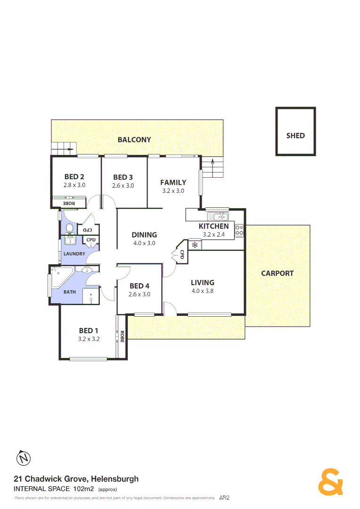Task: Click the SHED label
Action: coord(295,136)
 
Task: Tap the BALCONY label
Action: coord(134,140)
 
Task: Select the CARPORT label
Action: coord(277,273)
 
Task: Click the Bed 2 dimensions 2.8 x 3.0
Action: coord(74,185)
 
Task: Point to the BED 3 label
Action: coord(123,177)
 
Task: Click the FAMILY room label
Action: coord(173,182)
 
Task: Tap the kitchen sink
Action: coord(220,217)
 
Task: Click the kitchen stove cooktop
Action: coord(239,230)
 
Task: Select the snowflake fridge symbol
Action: coord(194,245)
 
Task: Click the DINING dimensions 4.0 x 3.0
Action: coord(144,243)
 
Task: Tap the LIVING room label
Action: coord(202,283)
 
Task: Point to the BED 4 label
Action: coord(139,286)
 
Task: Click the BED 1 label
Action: coord(89,330)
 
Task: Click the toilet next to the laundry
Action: coord(70,229)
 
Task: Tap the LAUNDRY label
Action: coord(74,254)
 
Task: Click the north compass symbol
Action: coord(23,458)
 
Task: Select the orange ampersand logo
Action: coord(331,482)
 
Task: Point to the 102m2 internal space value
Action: coord(84,488)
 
